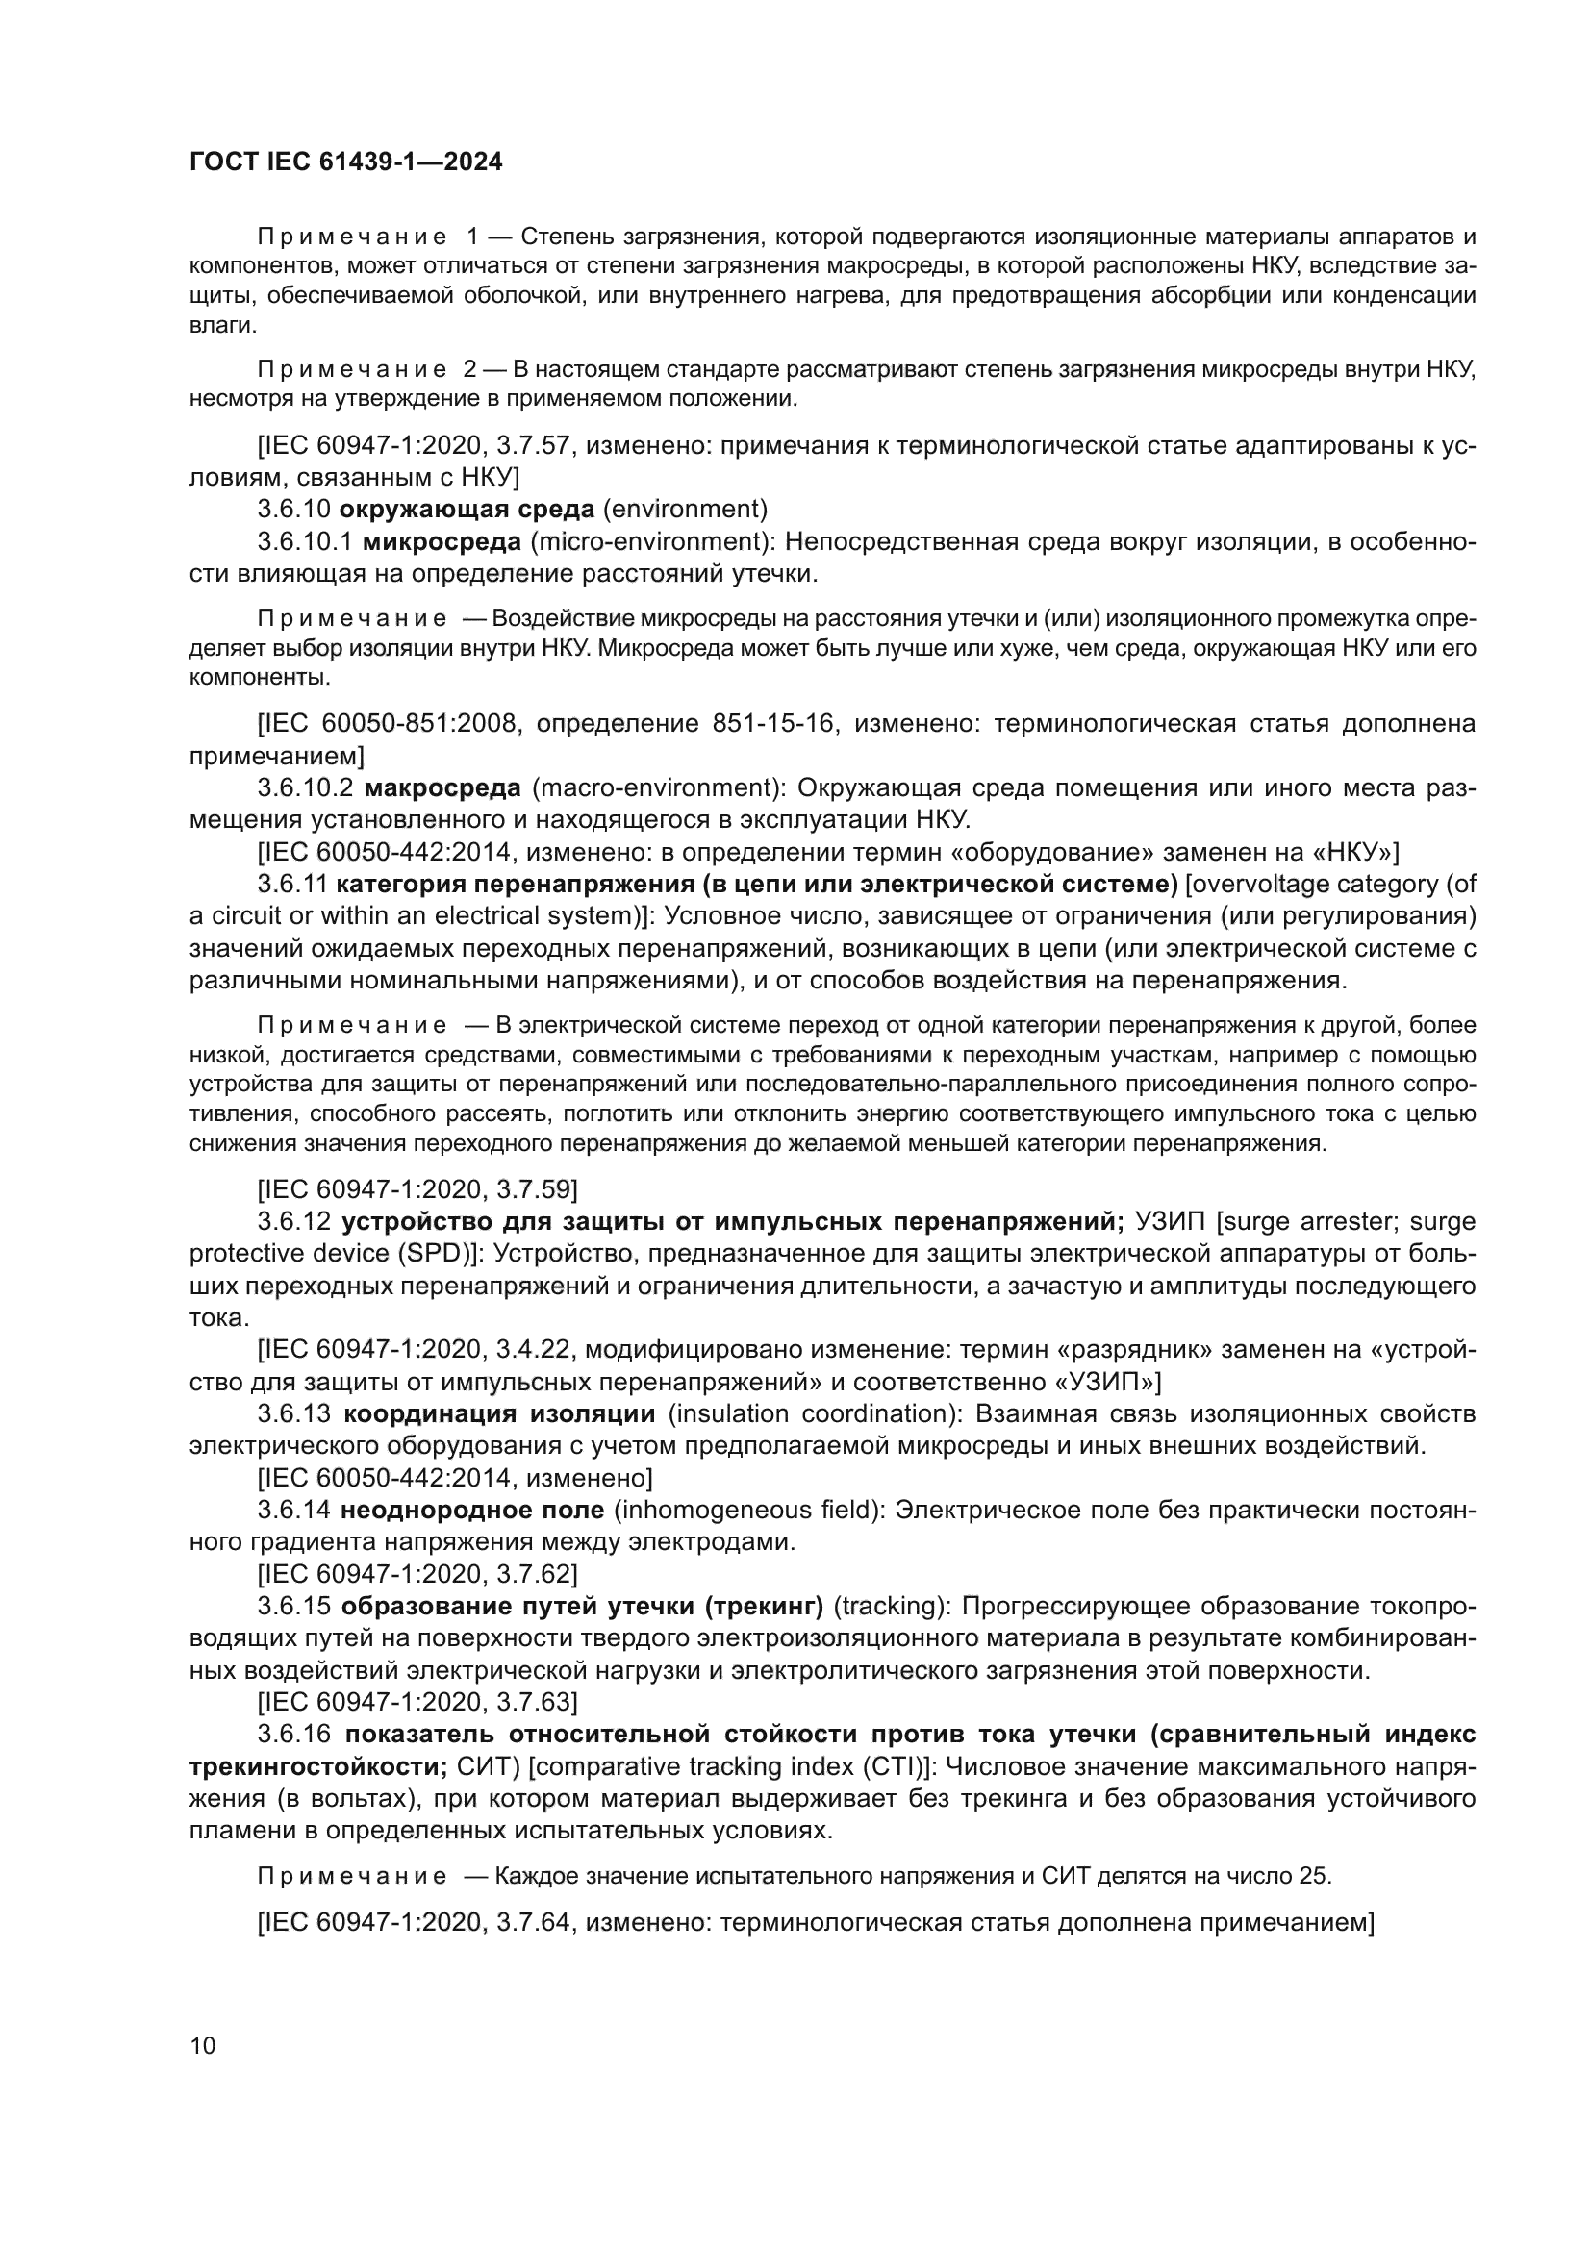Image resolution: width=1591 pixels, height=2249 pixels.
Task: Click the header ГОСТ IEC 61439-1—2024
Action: (346, 162)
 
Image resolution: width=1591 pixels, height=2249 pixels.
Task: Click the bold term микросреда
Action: (442, 541)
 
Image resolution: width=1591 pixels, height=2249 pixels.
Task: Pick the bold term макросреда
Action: (442, 787)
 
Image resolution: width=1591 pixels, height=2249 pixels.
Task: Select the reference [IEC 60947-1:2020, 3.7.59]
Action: (417, 1189)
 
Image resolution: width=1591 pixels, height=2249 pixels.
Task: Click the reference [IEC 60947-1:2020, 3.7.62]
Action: (417, 1574)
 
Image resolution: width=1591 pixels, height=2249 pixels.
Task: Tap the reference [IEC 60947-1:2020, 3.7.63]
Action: (417, 1702)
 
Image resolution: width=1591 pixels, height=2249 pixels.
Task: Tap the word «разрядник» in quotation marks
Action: (1133, 1350)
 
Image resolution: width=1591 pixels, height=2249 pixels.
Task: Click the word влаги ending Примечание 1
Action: (215, 324)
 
